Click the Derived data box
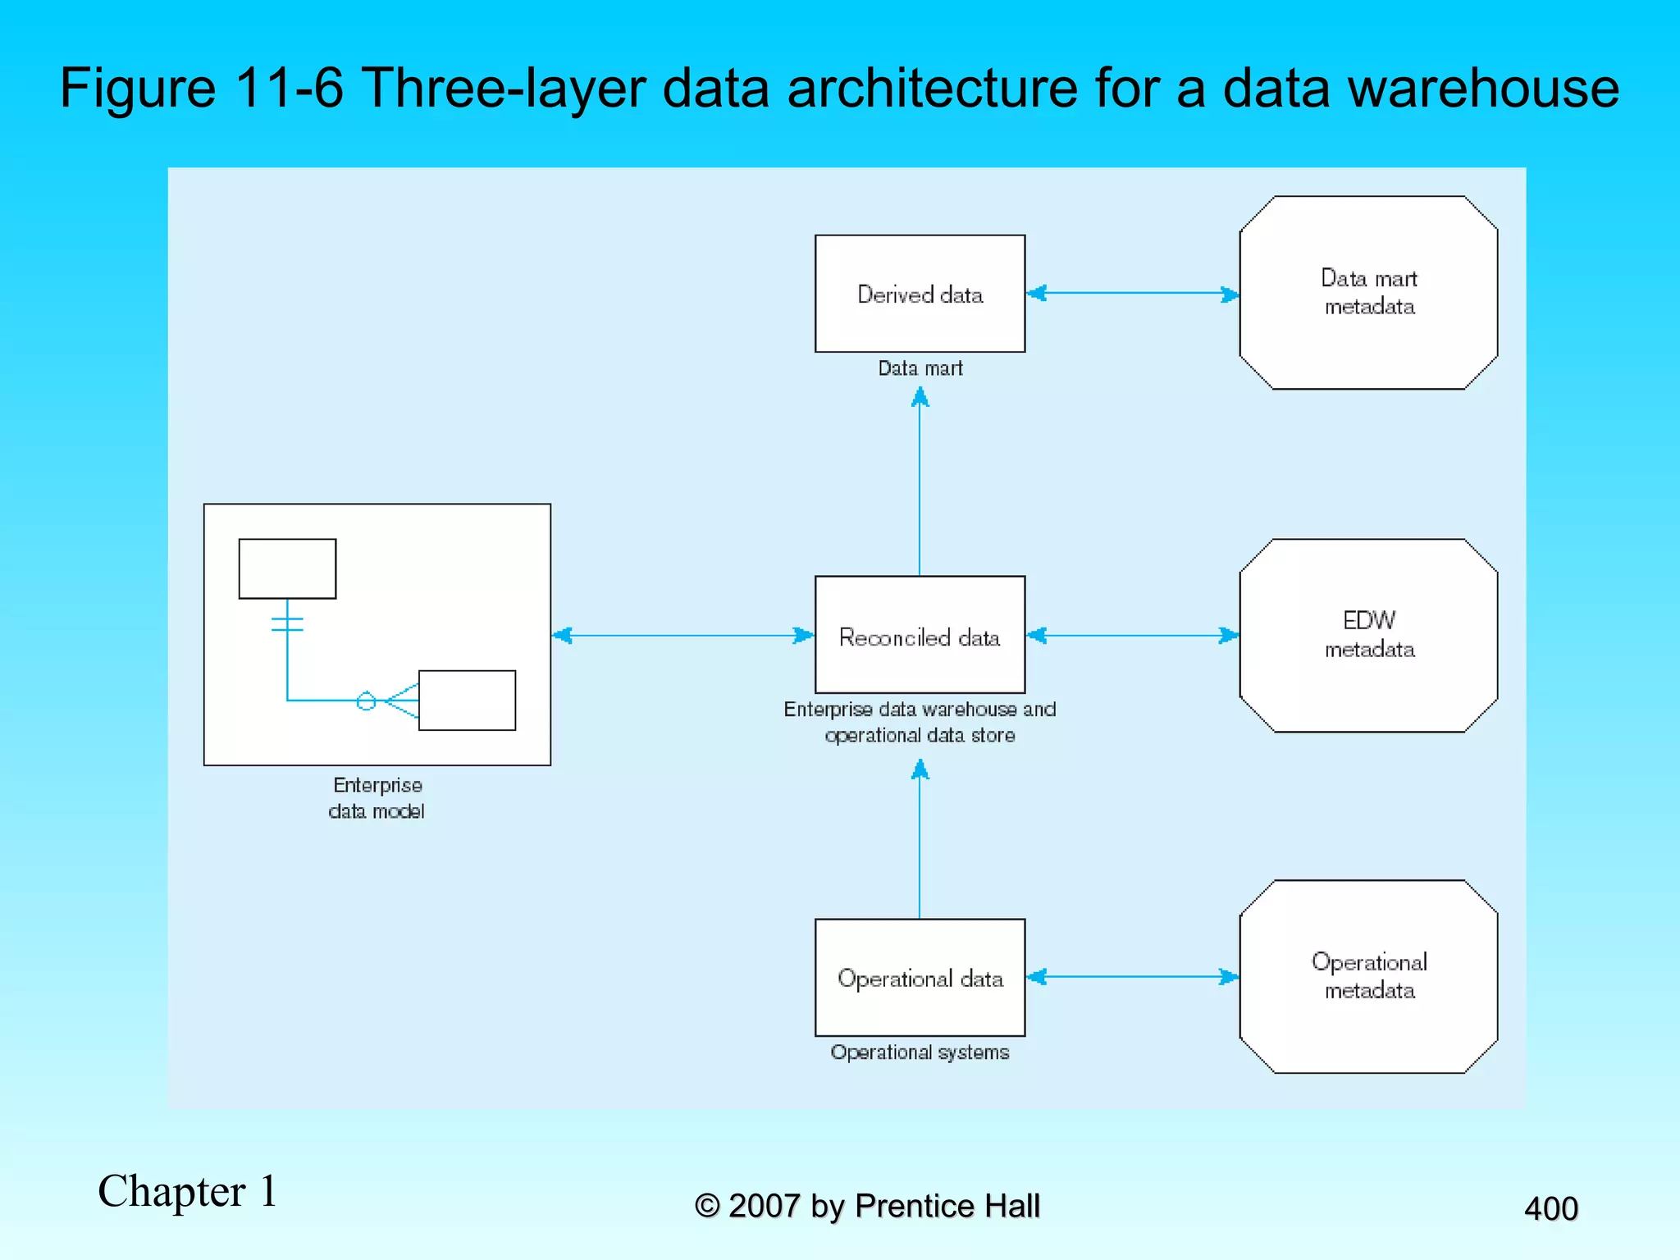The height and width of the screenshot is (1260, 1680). [920, 294]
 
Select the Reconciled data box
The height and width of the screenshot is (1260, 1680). [920, 635]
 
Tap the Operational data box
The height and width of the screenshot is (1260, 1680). [920, 977]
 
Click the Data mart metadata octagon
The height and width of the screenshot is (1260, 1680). [1368, 292]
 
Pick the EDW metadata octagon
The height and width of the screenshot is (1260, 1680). [1368, 635]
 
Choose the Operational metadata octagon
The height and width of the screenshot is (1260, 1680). [1368, 976]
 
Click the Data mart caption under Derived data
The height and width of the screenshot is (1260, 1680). [920, 368]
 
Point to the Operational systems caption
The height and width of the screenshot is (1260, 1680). [920, 1052]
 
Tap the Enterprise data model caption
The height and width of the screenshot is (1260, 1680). [377, 797]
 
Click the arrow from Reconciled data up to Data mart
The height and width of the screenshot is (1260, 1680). [920, 484]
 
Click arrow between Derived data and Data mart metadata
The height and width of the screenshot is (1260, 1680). [1132, 293]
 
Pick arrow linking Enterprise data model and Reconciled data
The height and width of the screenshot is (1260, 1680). [682, 635]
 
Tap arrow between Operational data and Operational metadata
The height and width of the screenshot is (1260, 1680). [1132, 976]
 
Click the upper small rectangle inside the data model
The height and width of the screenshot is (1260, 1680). [287, 568]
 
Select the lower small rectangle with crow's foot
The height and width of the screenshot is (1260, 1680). [467, 700]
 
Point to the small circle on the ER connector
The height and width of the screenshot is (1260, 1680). [366, 701]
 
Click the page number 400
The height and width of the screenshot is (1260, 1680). [1550, 1208]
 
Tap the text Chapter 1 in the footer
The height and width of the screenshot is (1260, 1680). [188, 1191]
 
